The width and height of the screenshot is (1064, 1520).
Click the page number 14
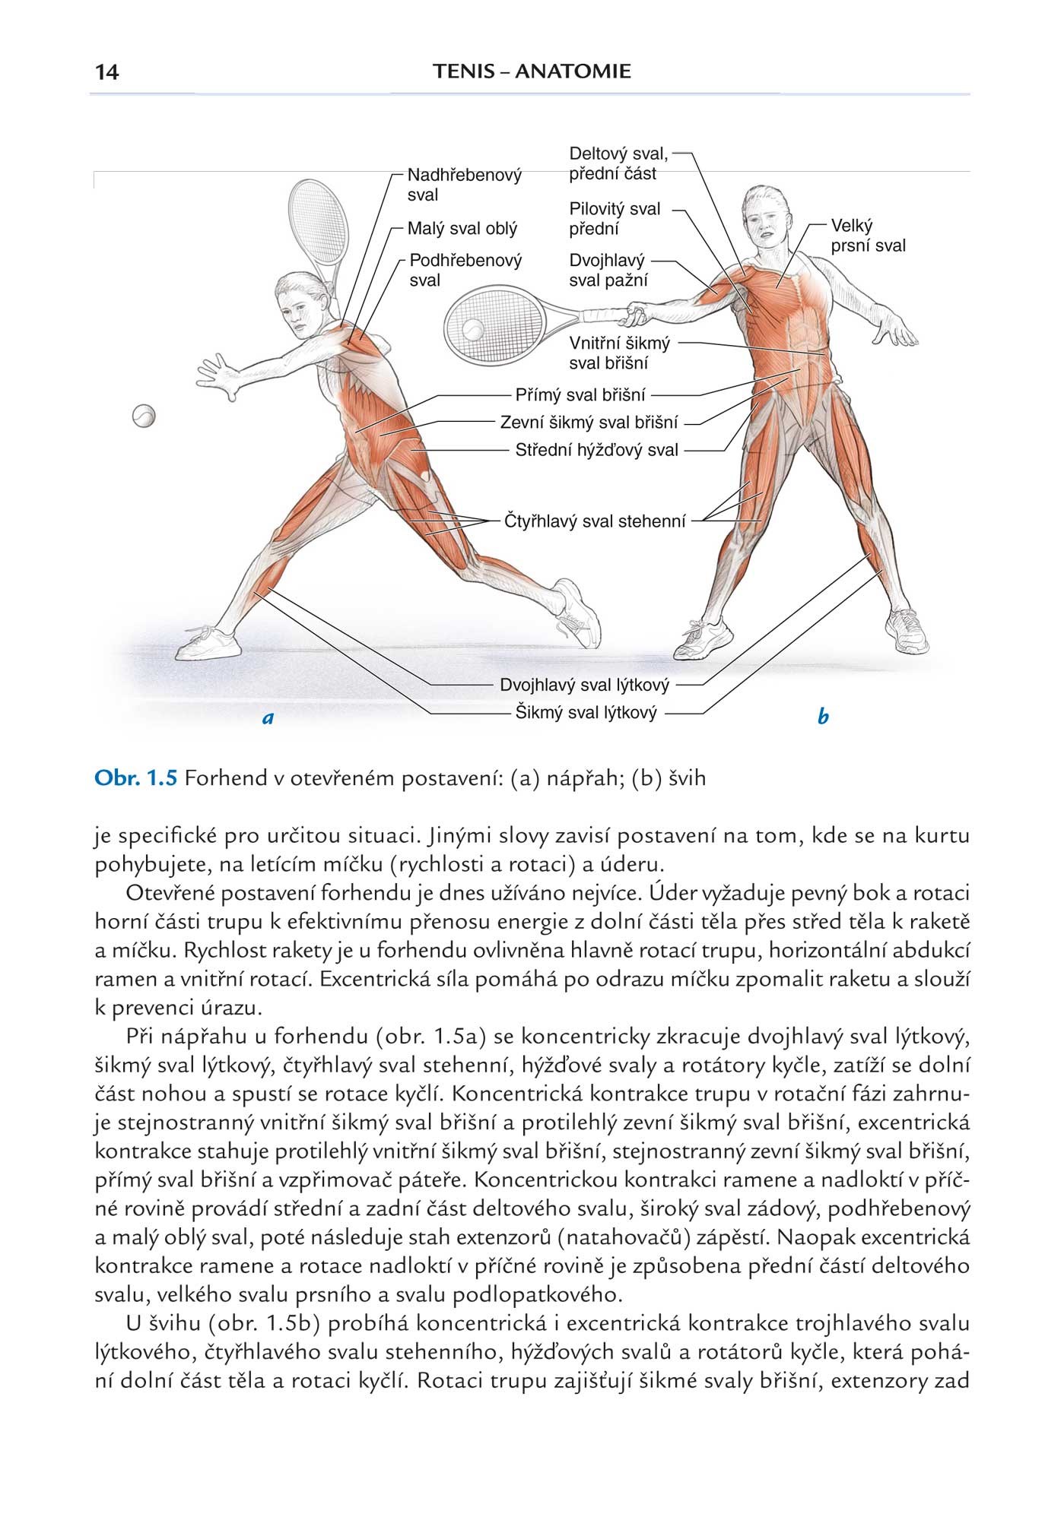(x=107, y=72)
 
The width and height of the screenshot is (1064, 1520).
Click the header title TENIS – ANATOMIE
(x=532, y=72)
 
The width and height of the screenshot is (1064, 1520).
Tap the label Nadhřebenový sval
(x=464, y=185)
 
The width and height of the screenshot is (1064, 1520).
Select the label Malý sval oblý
(x=462, y=228)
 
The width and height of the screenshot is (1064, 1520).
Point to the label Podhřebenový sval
(x=465, y=270)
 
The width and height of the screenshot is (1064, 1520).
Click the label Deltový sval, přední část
(x=618, y=163)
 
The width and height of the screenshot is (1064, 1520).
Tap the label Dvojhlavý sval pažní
(x=608, y=270)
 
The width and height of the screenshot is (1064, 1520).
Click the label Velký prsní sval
(x=867, y=236)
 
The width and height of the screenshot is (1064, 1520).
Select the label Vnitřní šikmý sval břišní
(x=619, y=353)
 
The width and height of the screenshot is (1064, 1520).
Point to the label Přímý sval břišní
(x=580, y=395)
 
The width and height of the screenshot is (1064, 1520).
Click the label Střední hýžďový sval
(x=596, y=450)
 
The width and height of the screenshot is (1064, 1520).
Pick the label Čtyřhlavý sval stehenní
(x=595, y=521)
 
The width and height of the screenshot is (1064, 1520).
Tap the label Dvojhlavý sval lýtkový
(x=584, y=685)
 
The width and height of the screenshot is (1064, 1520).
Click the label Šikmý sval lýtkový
(x=585, y=713)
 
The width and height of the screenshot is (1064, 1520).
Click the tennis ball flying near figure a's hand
(x=143, y=416)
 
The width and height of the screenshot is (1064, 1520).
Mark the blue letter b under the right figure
(x=822, y=716)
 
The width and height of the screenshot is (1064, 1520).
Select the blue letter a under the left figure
(x=267, y=716)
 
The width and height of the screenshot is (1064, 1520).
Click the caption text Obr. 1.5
(x=135, y=778)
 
